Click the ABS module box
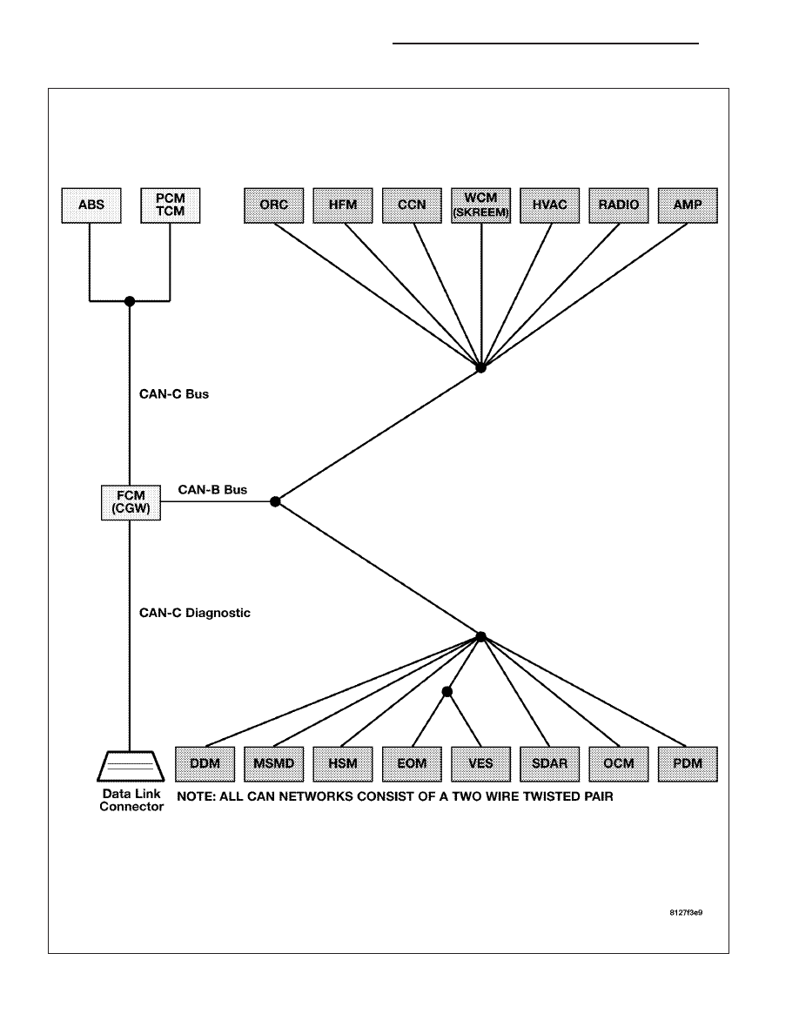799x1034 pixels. [91, 205]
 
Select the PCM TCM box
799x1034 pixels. [170, 205]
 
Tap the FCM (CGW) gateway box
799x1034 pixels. [131, 502]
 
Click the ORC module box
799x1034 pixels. [273, 205]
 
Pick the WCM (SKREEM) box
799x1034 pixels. [480, 205]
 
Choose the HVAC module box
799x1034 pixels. [550, 205]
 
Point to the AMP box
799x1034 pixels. [688, 205]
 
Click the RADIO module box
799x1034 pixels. [618, 205]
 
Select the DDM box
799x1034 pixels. [205, 764]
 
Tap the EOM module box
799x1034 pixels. [412, 764]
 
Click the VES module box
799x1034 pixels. [480, 764]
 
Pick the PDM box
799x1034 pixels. [688, 764]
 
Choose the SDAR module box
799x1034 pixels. [550, 764]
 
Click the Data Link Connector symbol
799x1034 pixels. [131, 766]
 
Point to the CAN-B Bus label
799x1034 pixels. [212, 490]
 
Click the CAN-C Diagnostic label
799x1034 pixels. [194, 614]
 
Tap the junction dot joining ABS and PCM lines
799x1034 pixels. [130, 301]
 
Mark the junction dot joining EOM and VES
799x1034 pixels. [447, 692]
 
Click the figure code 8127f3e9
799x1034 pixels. [686, 913]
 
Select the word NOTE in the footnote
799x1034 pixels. [196, 796]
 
